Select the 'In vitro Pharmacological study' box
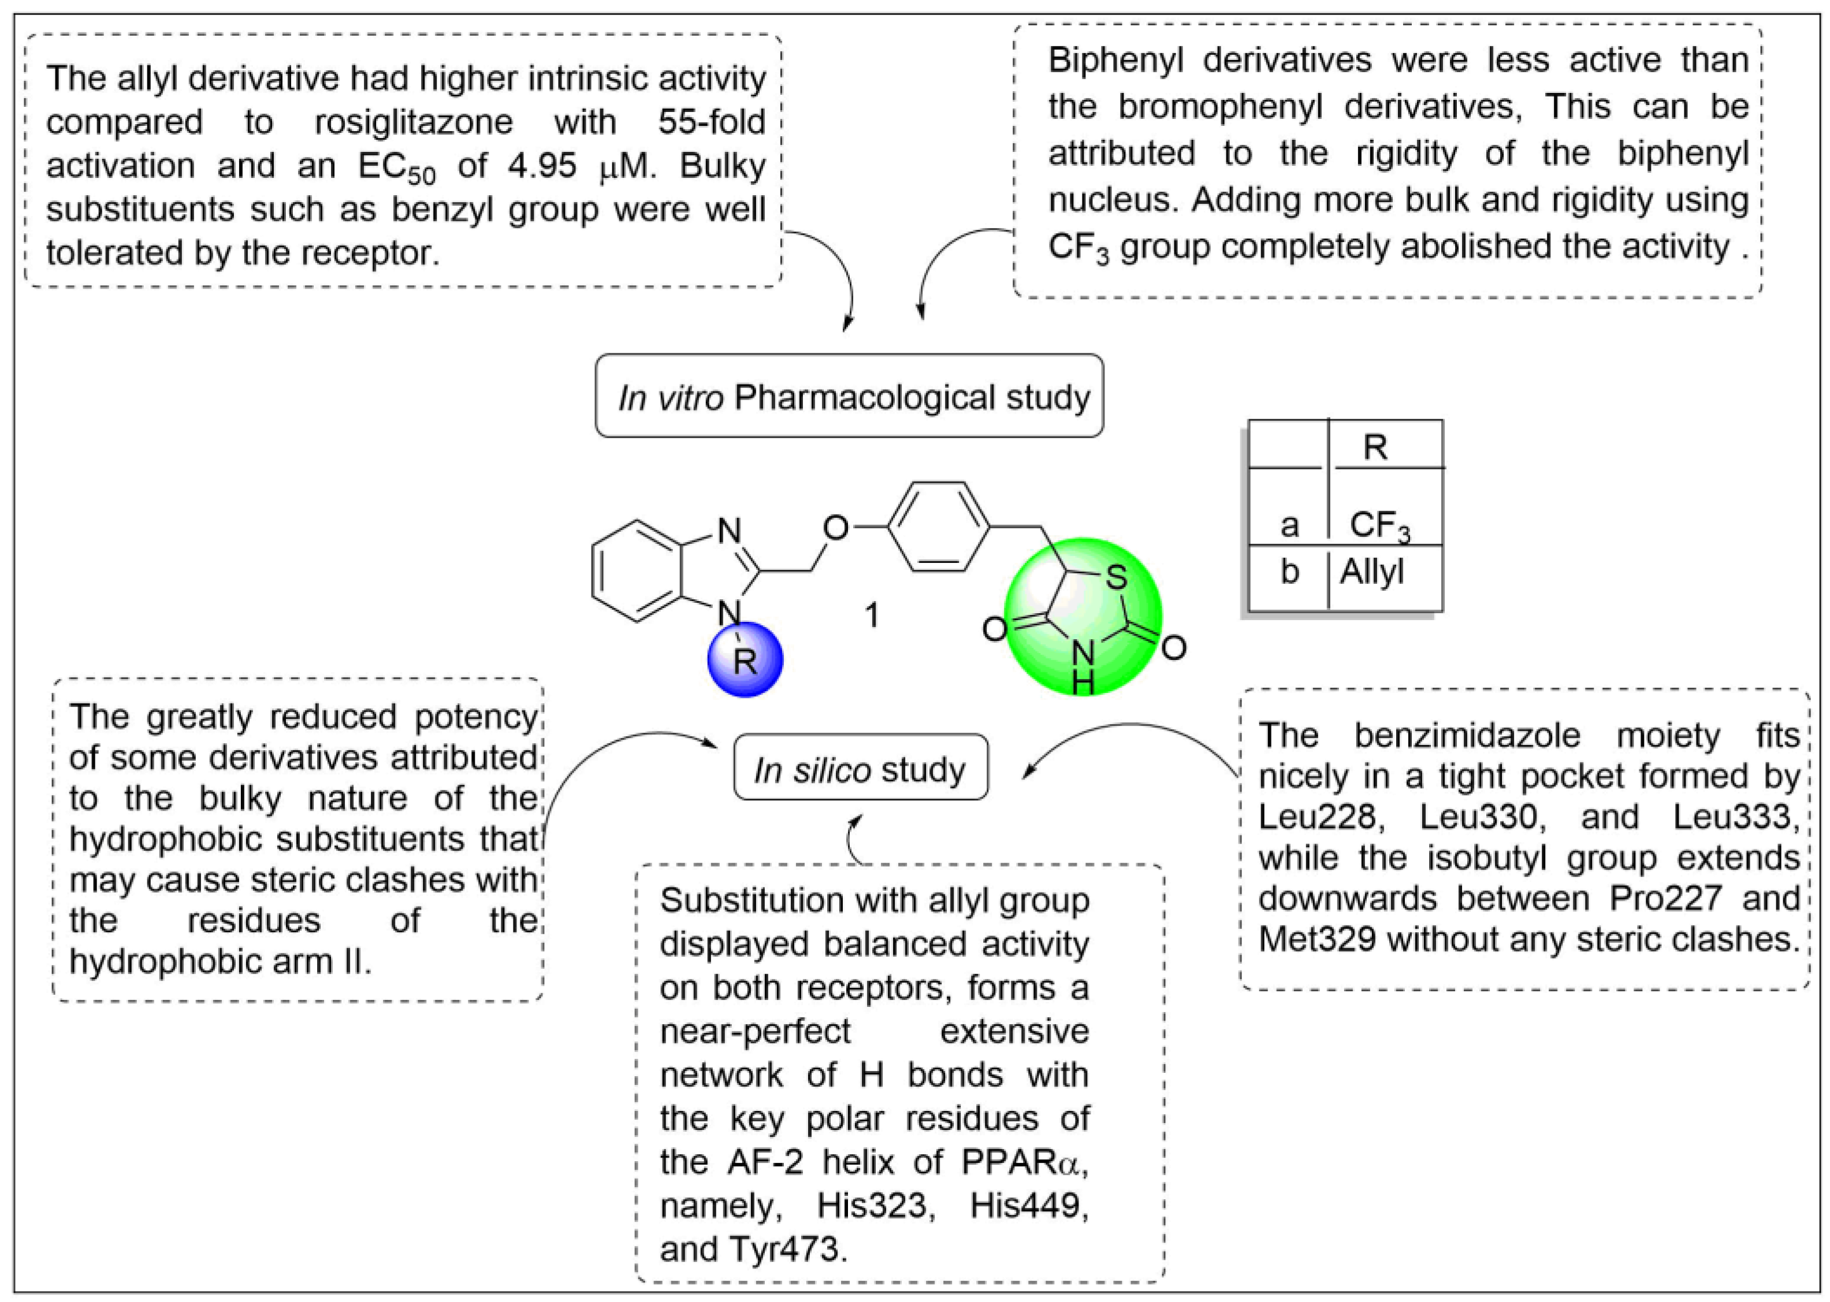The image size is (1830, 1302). pos(849,397)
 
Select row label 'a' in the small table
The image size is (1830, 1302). pos(1289,525)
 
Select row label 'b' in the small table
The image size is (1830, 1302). pos(1289,572)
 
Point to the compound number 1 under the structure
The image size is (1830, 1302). pos(872,615)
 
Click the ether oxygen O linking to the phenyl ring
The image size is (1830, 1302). pos(836,528)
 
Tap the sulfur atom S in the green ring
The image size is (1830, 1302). pos(1115,576)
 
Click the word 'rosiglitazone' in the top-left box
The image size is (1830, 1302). pos(413,122)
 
